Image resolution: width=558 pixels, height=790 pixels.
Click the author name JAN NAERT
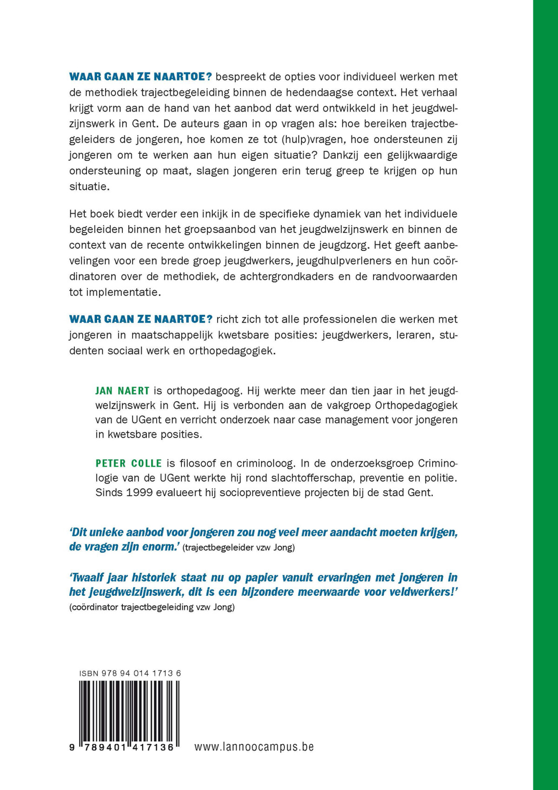click(x=122, y=391)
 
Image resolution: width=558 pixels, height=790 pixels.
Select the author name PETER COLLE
click(x=129, y=463)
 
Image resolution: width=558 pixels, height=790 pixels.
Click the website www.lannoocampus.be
click(x=254, y=747)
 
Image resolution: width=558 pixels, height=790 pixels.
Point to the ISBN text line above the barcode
click(x=130, y=673)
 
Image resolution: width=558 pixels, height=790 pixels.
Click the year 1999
click(x=139, y=492)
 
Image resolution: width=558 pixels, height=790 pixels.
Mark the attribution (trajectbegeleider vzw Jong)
click(x=239, y=547)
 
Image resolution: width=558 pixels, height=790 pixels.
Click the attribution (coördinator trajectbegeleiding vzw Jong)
click(x=152, y=607)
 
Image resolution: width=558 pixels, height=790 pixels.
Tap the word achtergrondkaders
click(x=286, y=277)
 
